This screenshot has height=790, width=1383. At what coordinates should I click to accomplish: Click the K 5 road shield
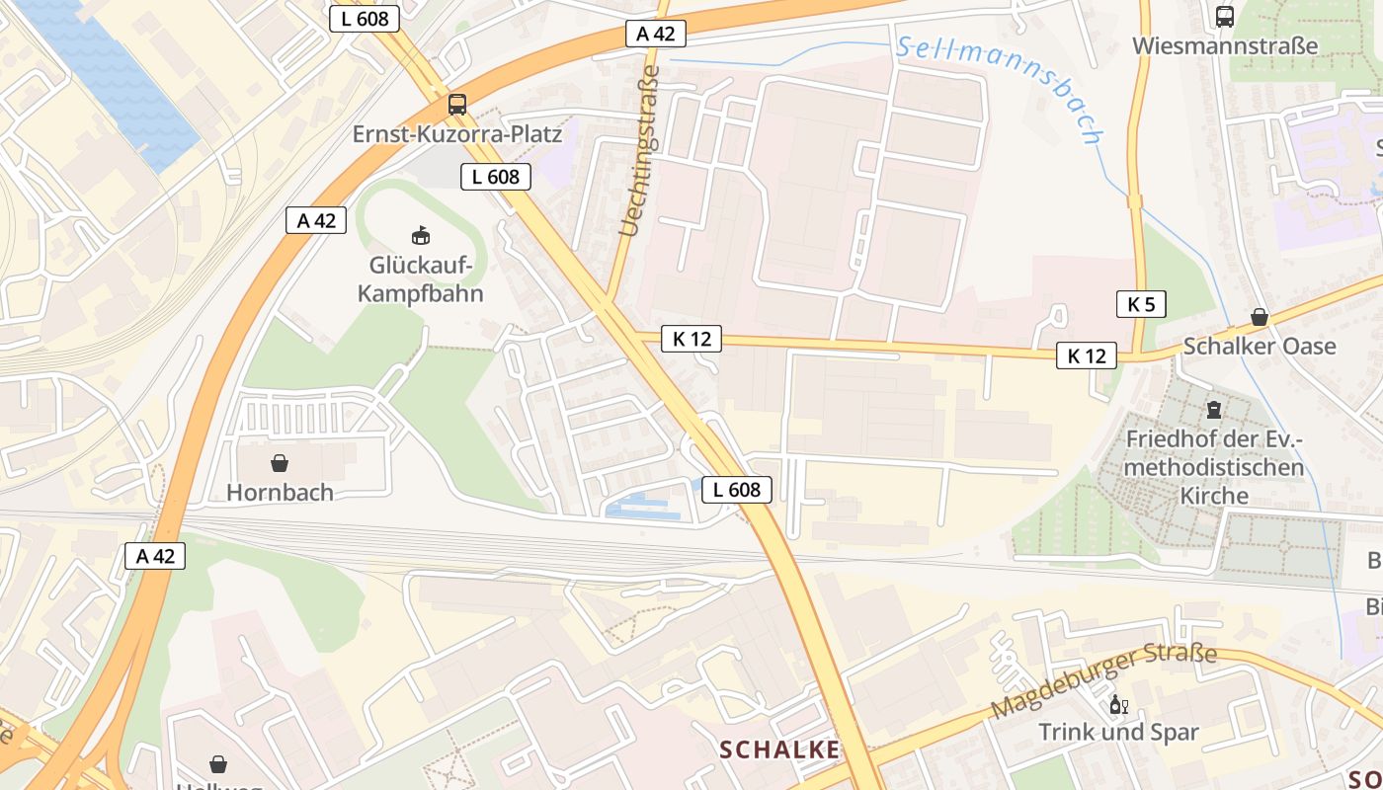(1141, 304)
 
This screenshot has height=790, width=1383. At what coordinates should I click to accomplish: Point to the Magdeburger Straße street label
(1103, 680)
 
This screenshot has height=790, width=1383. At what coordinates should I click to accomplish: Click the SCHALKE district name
(779, 750)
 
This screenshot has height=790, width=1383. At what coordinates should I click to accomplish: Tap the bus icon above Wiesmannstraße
(1224, 16)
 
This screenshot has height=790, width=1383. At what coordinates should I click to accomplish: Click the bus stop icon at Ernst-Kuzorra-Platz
(456, 104)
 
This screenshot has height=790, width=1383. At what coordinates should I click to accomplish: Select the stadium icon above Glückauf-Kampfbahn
(420, 235)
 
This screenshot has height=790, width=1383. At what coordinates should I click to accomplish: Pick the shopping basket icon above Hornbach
(280, 462)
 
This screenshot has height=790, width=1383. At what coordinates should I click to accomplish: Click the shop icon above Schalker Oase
(1259, 317)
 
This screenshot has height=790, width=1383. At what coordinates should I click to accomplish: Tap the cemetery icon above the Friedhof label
(1213, 409)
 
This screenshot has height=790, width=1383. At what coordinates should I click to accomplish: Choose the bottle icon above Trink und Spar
(1118, 704)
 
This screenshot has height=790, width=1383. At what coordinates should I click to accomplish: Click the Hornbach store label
(280, 492)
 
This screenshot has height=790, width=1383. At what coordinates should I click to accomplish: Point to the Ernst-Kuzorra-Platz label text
(456, 133)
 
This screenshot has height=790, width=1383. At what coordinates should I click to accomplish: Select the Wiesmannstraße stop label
(1224, 45)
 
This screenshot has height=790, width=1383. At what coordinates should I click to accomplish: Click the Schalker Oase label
(1259, 347)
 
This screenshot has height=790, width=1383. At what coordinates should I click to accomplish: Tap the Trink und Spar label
(1118, 732)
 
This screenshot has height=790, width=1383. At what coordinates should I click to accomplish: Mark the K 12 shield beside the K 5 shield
(1087, 356)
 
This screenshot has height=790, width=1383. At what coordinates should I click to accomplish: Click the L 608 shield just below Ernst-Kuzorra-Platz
(496, 177)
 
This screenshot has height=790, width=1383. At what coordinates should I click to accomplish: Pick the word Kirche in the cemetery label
(1214, 495)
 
